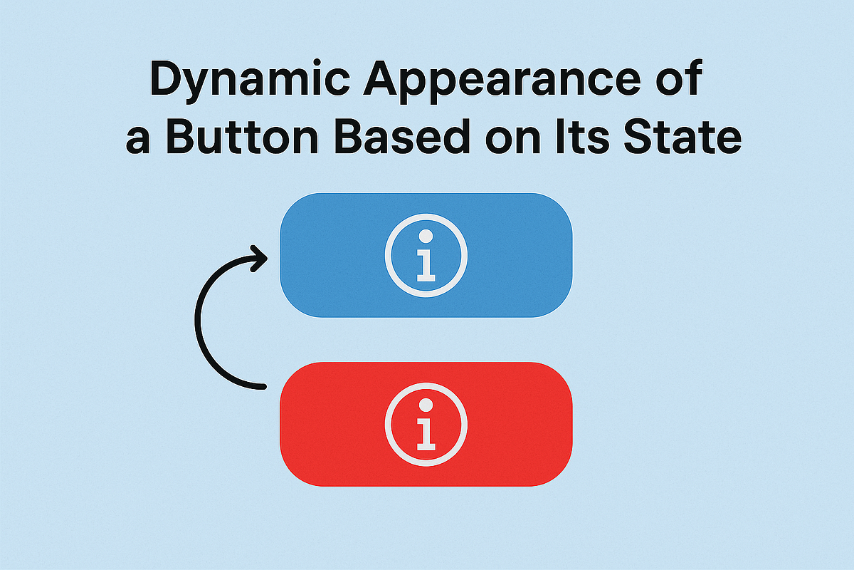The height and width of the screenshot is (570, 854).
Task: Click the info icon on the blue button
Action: pos(426,255)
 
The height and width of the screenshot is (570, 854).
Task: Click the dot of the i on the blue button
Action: pos(426,236)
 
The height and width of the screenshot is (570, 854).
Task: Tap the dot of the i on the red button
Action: pos(426,405)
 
